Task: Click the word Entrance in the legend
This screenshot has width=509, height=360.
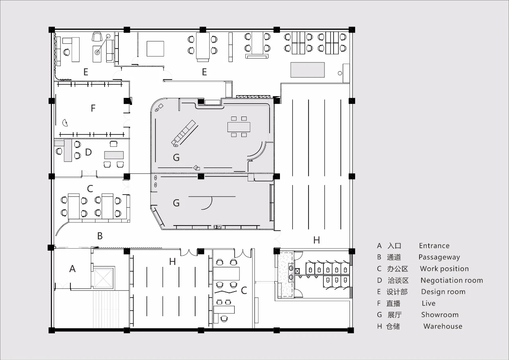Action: pyautogui.click(x=434, y=246)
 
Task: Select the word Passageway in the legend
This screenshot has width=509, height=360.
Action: pyautogui.click(x=439, y=257)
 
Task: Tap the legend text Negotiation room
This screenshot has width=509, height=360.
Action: pyautogui.click(x=452, y=280)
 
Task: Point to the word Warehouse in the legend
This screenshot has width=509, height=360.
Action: pyautogui.click(x=443, y=326)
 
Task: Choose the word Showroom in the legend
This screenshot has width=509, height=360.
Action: pyautogui.click(x=440, y=315)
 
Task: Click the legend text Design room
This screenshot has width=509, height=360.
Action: pyautogui.click(x=443, y=292)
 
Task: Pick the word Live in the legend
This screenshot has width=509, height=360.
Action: pyautogui.click(x=429, y=303)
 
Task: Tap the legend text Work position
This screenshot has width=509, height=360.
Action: pyautogui.click(x=444, y=269)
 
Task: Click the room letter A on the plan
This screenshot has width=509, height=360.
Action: pyautogui.click(x=72, y=269)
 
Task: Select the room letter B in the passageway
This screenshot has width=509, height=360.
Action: pyautogui.click(x=100, y=236)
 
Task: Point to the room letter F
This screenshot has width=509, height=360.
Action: pyautogui.click(x=93, y=108)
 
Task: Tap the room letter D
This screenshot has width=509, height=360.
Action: pyautogui.click(x=88, y=152)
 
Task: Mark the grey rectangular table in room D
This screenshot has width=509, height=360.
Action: pyautogui.click(x=114, y=155)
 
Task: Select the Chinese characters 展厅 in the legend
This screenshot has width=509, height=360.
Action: pyautogui.click(x=395, y=315)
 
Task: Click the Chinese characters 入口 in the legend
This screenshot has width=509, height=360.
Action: pyautogui.click(x=394, y=246)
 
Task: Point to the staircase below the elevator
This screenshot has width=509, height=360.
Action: pyautogui.click(x=106, y=309)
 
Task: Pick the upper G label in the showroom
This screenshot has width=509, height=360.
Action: pyautogui.click(x=176, y=157)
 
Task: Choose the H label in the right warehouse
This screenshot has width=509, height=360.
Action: pyautogui.click(x=317, y=240)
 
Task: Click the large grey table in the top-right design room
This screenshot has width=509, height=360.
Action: pyautogui.click(x=307, y=70)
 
